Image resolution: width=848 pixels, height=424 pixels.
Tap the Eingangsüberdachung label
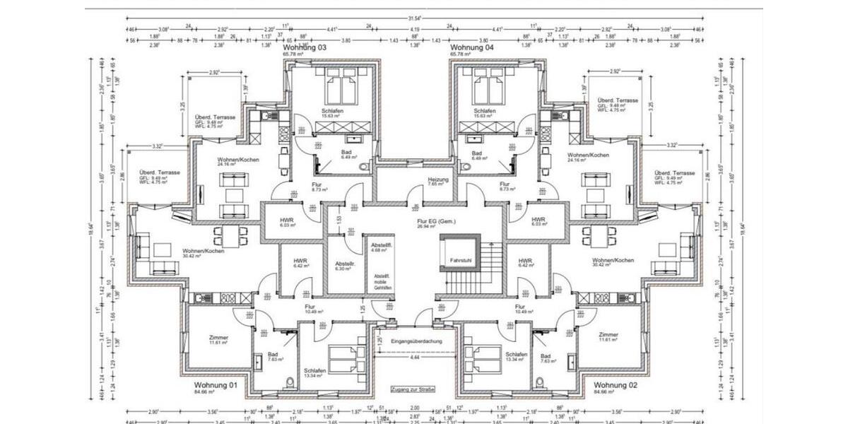[416, 341]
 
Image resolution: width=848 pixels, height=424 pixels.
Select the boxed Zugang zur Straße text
[413, 389]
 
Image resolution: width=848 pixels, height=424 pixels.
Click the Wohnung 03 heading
[305, 47]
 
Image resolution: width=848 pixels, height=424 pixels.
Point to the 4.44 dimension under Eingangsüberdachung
[416, 359]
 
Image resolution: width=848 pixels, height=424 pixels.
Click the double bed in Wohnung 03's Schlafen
[343, 90]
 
